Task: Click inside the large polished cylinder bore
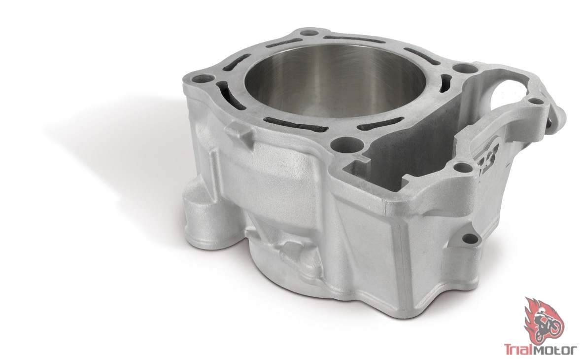pyautogui.click(x=334, y=80)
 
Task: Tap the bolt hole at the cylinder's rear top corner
pyautogui.click(x=308, y=33)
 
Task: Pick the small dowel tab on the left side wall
pyautogui.click(x=238, y=131)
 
